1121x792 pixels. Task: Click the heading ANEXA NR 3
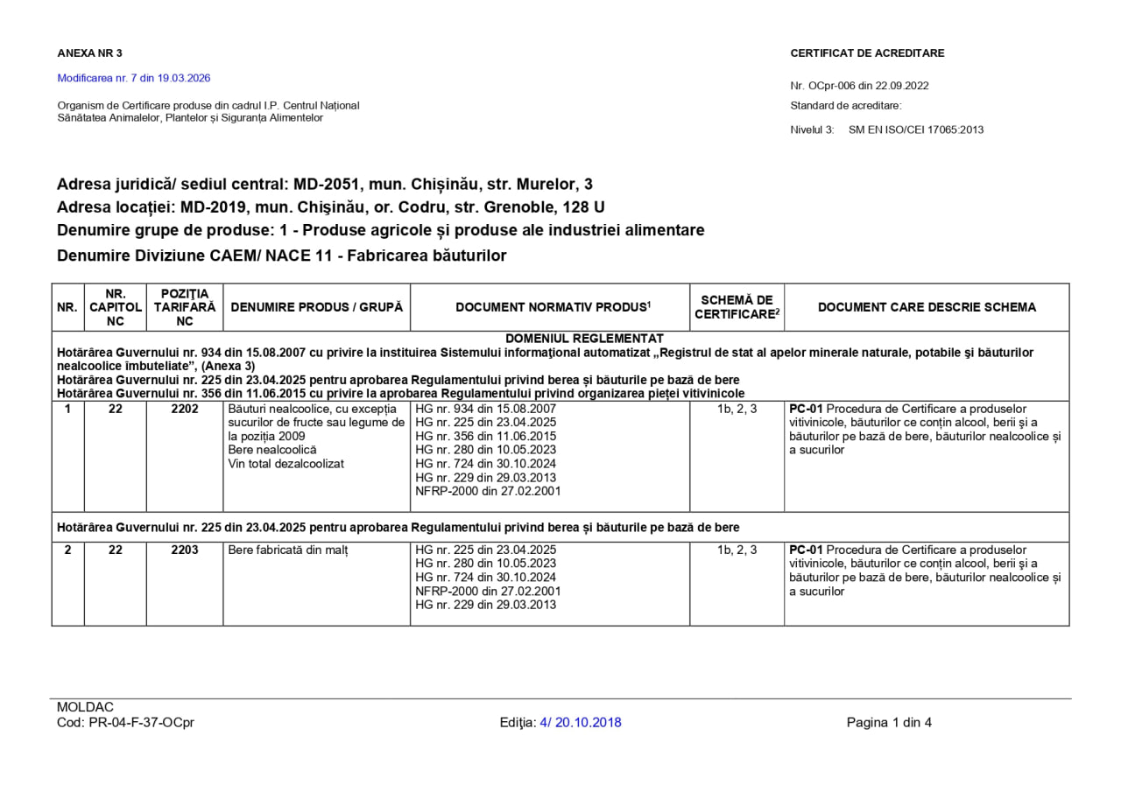tap(89, 53)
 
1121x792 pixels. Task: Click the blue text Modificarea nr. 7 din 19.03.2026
tap(134, 78)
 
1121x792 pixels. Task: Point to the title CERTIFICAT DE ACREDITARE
tap(867, 53)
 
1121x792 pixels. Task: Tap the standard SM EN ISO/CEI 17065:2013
tap(916, 130)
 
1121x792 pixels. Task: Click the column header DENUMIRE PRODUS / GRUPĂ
tap(316, 307)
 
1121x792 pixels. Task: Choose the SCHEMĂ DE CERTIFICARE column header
tap(737, 307)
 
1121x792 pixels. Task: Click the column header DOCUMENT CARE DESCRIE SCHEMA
tap(927, 307)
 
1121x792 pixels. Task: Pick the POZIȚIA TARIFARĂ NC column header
tap(185, 307)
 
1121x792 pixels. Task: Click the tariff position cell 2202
tap(185, 409)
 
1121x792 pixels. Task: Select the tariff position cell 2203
tap(185, 550)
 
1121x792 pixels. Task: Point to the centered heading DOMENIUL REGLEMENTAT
tap(584, 339)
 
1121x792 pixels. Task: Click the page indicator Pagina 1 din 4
tap(889, 723)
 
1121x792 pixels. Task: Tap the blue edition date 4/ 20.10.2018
tap(581, 723)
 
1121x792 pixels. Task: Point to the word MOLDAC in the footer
tap(85, 707)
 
